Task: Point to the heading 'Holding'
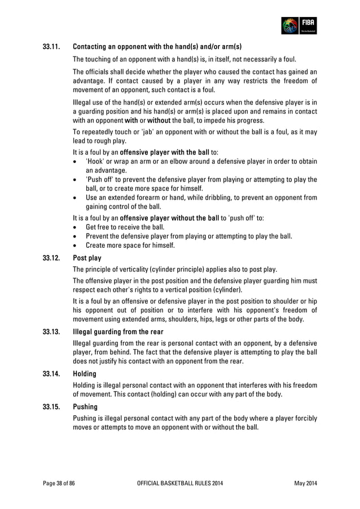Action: (85, 374)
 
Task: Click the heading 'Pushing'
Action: (85, 406)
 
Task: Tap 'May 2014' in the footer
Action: (306, 484)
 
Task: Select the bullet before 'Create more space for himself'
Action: (76, 245)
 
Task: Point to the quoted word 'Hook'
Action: (95, 161)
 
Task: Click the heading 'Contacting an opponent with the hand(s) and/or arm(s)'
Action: (157, 46)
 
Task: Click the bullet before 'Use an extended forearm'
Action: (76, 198)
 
